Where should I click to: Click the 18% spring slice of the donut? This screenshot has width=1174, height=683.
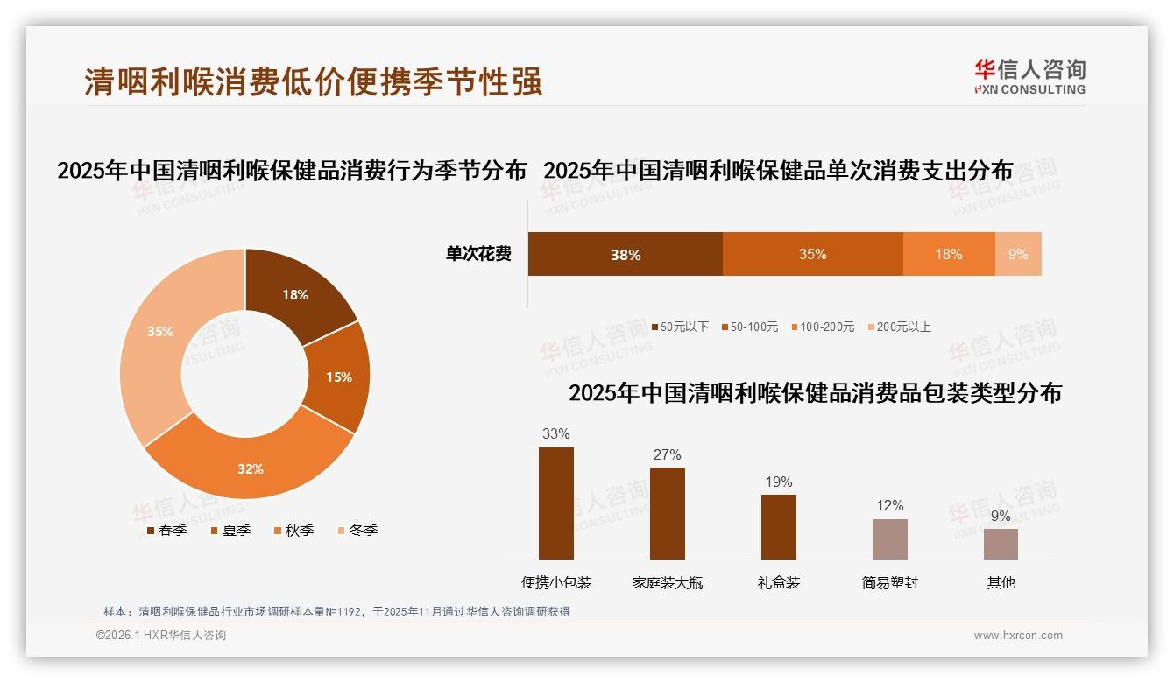point(294,295)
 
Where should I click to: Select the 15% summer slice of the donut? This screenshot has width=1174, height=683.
point(338,377)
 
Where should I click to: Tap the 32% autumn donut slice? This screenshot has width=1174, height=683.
point(251,468)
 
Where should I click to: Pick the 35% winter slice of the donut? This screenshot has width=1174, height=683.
point(160,332)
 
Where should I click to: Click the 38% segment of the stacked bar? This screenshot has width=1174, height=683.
point(626,254)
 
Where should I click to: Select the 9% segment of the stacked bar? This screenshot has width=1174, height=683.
point(1018,254)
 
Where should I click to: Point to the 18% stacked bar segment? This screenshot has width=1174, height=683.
point(949,254)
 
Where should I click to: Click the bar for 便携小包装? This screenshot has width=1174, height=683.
point(556,503)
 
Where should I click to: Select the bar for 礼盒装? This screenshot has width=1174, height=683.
point(779,527)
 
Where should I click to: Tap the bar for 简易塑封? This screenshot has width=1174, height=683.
point(890,539)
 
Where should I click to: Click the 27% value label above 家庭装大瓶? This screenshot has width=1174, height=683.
point(667,454)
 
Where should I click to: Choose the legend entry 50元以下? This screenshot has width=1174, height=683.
point(680,327)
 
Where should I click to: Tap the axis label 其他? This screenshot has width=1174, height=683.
point(1001,582)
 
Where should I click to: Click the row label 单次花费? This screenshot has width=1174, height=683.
point(478,254)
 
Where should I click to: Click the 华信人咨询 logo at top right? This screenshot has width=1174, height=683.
point(1029,76)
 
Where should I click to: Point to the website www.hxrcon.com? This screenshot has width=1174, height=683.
point(1018,636)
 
